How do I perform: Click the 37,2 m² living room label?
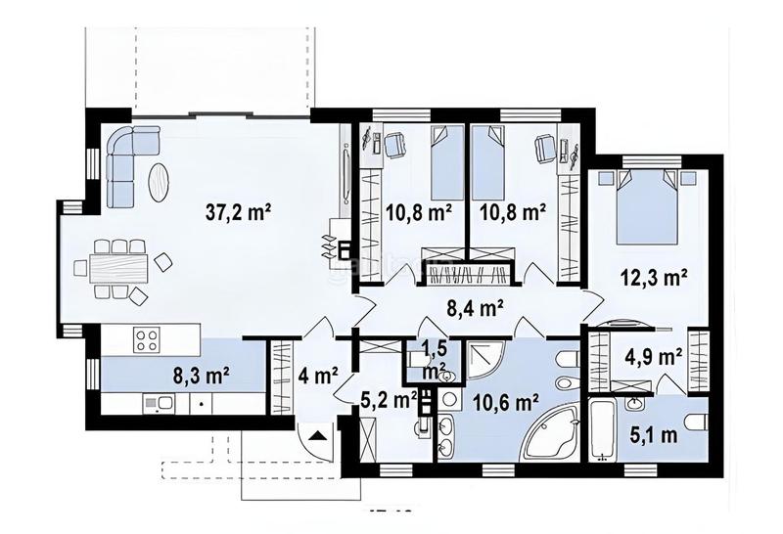click(x=238, y=208)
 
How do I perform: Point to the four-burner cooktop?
click(x=147, y=340)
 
